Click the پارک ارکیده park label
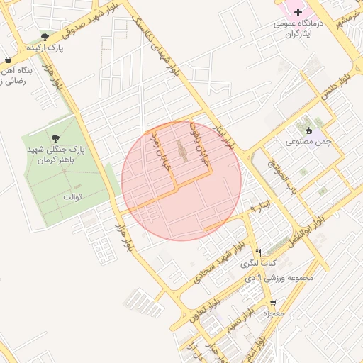click(x=45, y=48)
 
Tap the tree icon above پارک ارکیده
click(x=45, y=36)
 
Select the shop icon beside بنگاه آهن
click(x=7, y=60)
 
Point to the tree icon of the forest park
click(x=56, y=138)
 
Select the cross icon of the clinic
click(x=298, y=12)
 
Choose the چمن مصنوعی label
click(x=308, y=142)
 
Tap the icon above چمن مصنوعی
click(x=308, y=130)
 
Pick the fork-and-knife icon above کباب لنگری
click(x=259, y=252)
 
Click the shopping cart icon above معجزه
click(x=273, y=302)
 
